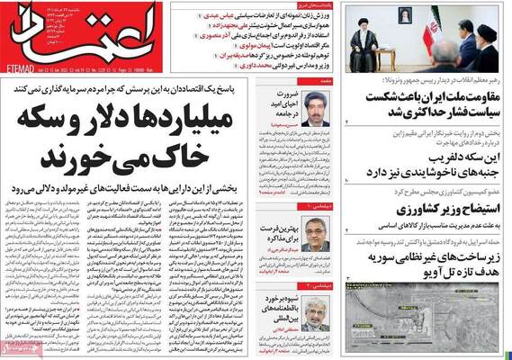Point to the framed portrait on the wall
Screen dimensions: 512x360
coord(404,17)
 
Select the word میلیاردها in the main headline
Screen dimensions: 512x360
coord(236,121)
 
